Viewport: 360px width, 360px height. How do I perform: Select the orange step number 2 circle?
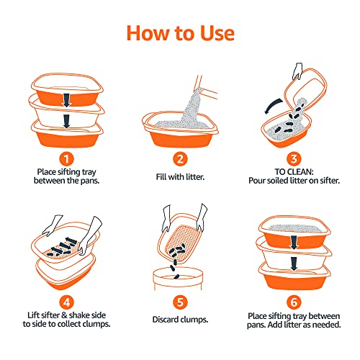[x=181, y=159]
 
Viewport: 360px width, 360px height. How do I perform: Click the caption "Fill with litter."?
[x=181, y=176]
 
